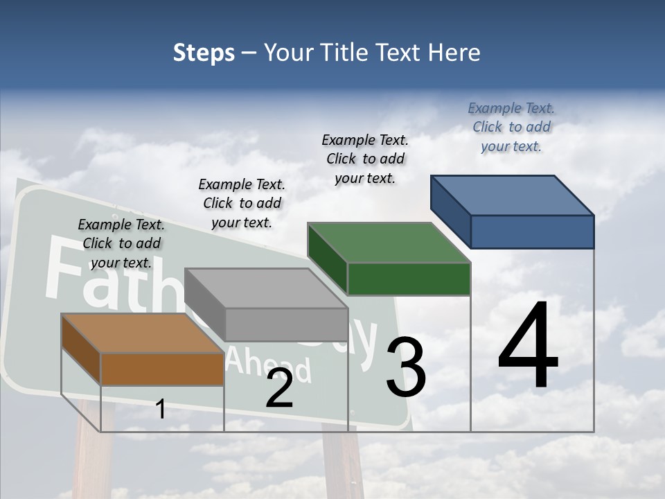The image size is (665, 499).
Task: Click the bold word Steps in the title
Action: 204,53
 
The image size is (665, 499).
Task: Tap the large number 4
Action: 528,347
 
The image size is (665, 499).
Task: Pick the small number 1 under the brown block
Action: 161,410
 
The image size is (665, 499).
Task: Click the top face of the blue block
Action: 512,195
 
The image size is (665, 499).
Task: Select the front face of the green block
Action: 409,279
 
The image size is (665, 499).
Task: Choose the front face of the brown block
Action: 162,369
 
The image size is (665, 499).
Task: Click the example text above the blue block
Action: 511,127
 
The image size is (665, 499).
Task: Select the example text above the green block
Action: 365,159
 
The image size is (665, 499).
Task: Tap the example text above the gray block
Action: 242,203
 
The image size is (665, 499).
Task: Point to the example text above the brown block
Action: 121,243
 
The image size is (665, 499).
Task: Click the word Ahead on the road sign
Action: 269,363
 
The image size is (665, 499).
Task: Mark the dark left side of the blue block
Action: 450,212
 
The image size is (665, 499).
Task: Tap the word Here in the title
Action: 456,53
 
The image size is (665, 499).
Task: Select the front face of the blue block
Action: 532,231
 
